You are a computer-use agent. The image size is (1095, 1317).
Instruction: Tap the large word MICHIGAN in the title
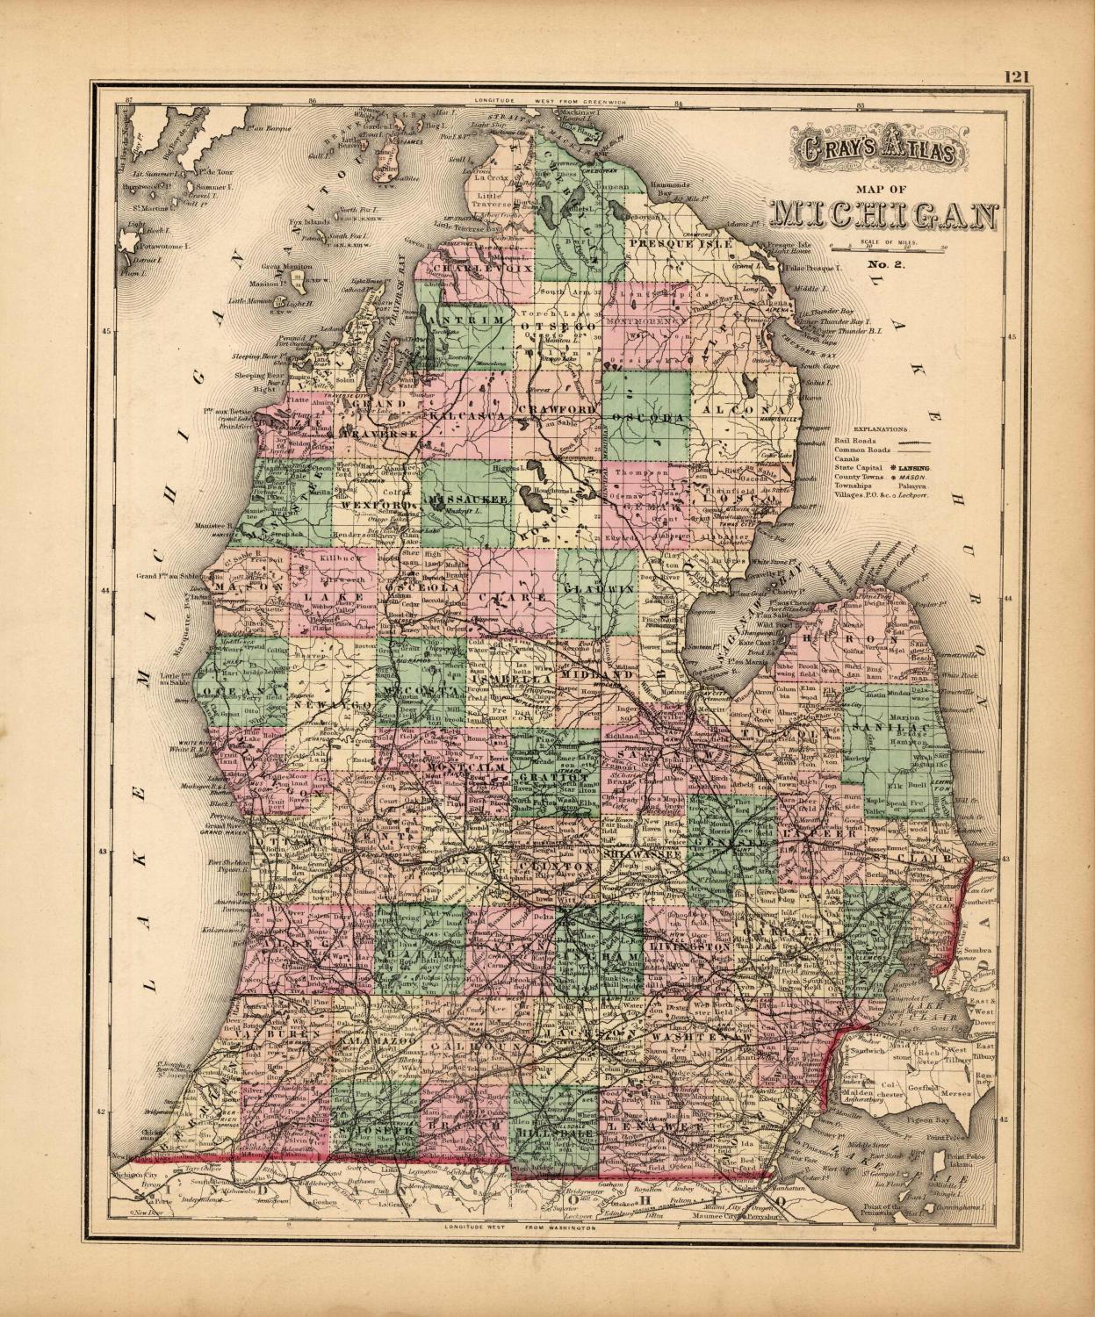click(x=883, y=212)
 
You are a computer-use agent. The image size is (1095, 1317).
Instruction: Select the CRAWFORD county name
click(x=557, y=410)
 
